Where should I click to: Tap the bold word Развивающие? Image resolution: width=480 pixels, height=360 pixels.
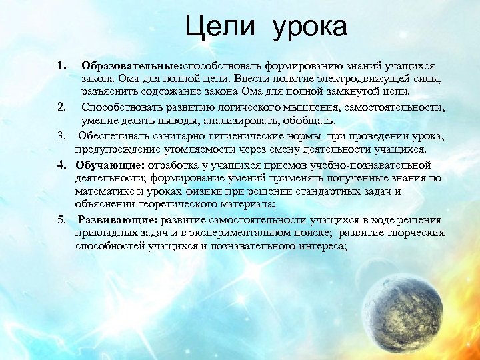[114, 220]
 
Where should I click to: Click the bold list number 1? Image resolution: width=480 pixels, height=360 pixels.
[62, 67]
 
